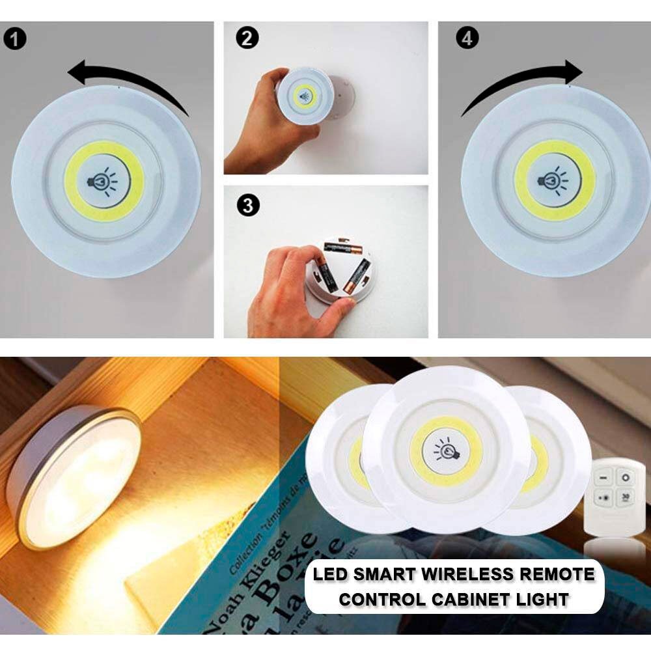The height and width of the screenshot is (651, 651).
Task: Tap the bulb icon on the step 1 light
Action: pos(104,182)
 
